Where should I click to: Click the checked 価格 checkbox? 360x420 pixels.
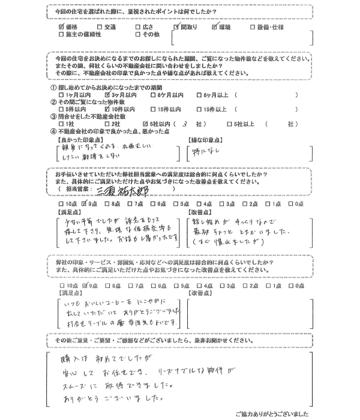click(61, 27)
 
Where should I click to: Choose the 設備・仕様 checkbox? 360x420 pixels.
click(254, 27)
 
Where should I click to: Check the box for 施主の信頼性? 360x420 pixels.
click(61, 35)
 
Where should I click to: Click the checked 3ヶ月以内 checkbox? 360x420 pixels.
click(107, 95)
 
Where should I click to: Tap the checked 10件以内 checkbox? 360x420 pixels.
click(107, 110)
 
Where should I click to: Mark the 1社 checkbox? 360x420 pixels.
click(61, 124)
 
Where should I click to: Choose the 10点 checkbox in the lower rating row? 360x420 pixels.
click(61, 286)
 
